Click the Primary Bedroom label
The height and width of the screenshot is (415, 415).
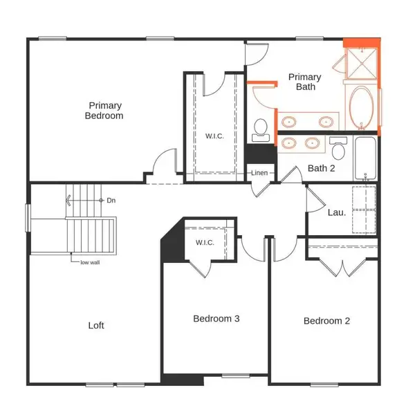(x=104, y=111)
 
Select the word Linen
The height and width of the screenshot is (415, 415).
(x=259, y=173)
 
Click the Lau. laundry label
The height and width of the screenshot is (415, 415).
(x=336, y=212)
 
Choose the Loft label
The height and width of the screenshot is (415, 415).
(x=96, y=325)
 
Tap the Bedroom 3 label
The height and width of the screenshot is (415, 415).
(x=216, y=319)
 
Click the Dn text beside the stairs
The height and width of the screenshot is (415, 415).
(x=111, y=201)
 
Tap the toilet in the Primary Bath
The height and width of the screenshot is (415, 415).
(x=261, y=127)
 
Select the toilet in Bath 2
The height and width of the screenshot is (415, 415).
(x=338, y=149)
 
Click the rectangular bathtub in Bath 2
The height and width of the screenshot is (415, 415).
(x=365, y=158)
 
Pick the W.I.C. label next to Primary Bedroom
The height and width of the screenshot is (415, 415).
(x=212, y=136)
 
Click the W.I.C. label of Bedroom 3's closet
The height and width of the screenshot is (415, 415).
(x=205, y=243)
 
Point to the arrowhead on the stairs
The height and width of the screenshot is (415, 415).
(x=68, y=201)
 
